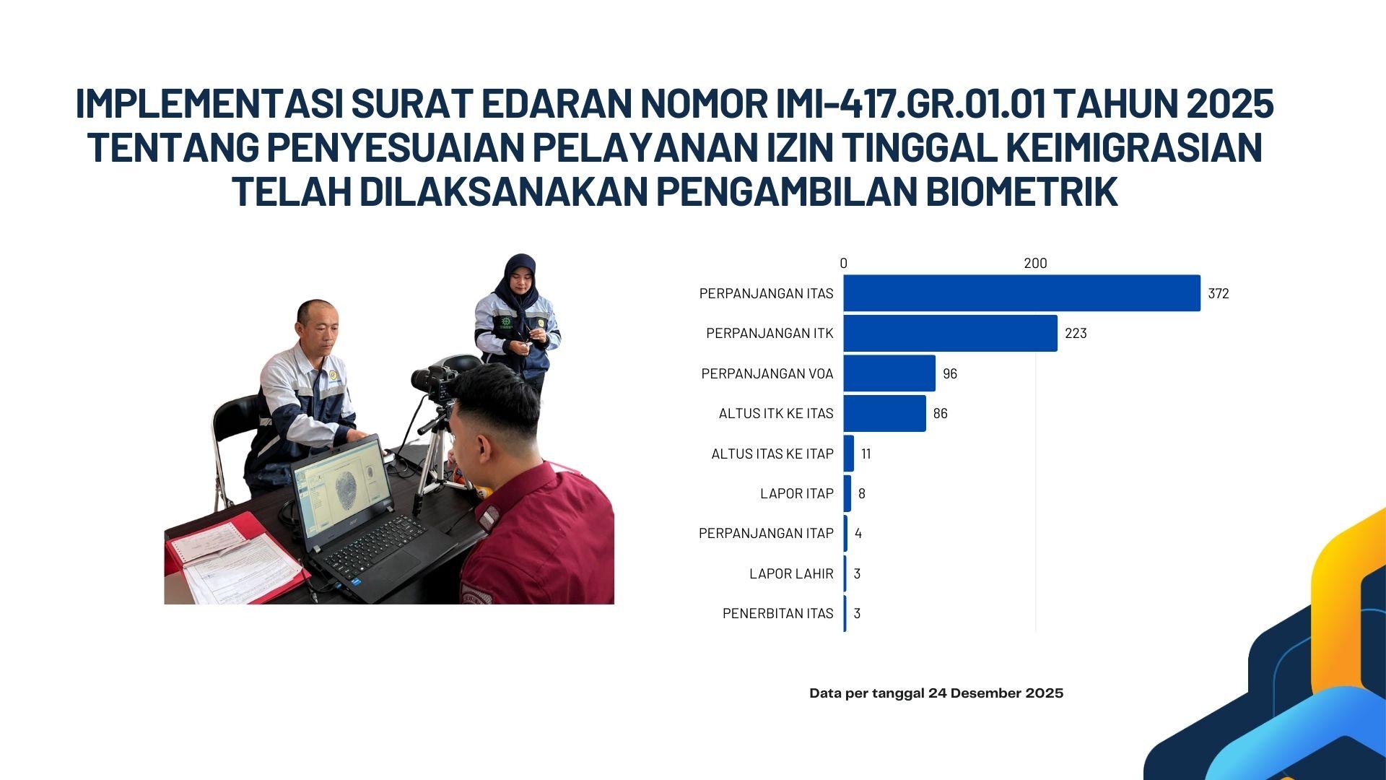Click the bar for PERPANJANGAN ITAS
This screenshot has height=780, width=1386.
1021,293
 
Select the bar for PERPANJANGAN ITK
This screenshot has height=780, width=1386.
950,333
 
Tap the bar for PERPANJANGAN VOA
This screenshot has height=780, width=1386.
889,373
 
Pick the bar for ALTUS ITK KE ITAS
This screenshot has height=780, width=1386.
884,413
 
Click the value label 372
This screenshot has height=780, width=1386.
1219,294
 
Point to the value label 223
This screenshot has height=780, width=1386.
1076,334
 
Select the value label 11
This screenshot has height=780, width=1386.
866,454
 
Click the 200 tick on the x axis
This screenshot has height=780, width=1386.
1035,264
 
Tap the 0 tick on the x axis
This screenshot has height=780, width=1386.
843,264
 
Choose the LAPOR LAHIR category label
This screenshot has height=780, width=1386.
791,573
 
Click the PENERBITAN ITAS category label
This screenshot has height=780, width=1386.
778,613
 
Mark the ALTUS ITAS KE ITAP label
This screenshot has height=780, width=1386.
772,454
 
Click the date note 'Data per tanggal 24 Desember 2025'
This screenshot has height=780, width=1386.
936,693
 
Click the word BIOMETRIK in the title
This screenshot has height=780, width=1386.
1021,191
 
